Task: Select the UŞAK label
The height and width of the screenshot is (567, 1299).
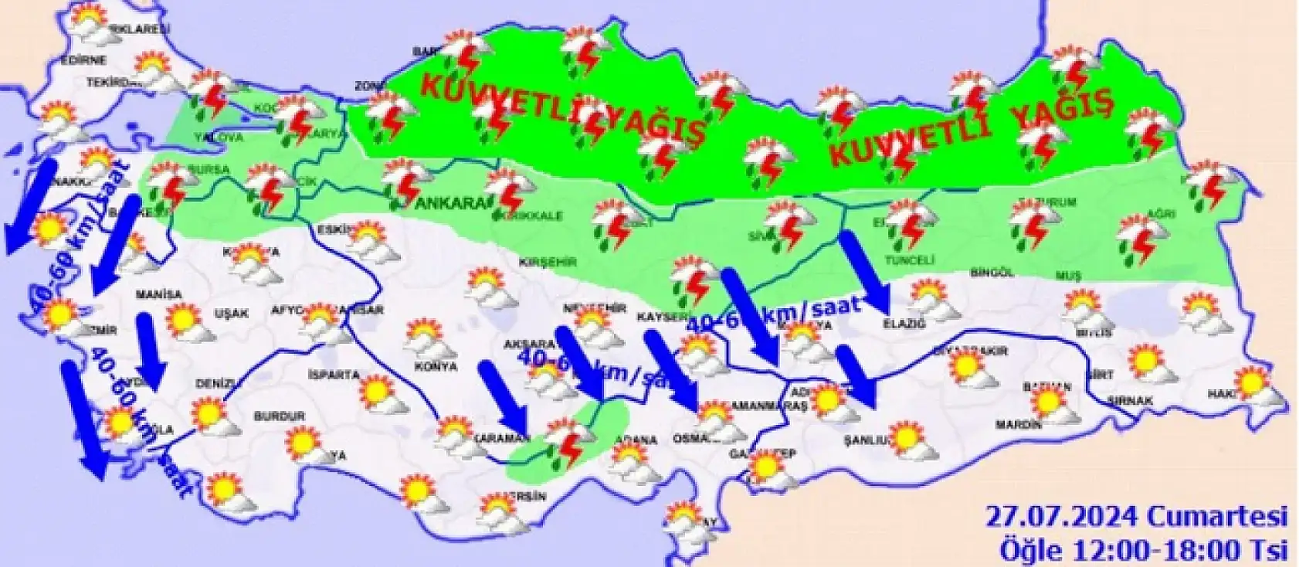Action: click(x=231, y=314)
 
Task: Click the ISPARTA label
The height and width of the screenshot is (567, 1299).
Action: click(x=334, y=375)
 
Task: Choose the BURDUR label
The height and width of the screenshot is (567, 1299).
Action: click(x=280, y=416)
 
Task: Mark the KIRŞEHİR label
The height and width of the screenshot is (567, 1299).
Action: click(x=549, y=262)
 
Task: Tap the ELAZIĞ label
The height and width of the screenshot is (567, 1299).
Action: click(x=904, y=324)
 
